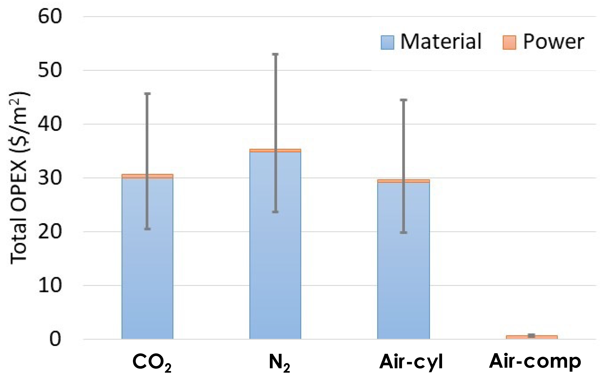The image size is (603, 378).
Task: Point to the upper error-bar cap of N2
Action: click(x=275, y=54)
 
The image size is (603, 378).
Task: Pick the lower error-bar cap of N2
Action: click(x=275, y=212)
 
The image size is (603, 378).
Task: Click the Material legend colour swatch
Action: click(x=387, y=42)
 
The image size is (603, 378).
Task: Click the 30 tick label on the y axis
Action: click(x=49, y=178)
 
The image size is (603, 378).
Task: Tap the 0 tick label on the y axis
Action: click(x=55, y=340)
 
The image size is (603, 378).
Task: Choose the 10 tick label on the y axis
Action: click(x=49, y=286)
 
